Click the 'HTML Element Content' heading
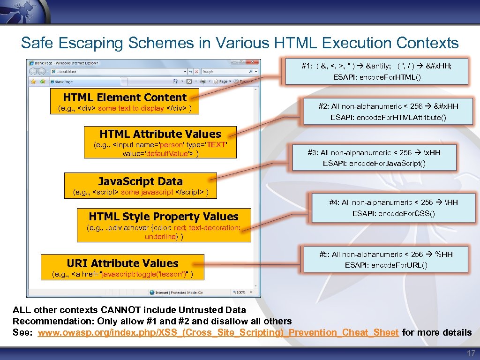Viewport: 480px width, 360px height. click(125, 97)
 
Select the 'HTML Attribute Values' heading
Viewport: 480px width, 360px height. click(160, 134)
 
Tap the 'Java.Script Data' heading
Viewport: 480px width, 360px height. click(140, 181)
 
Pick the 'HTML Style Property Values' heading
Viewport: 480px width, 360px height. click(164, 217)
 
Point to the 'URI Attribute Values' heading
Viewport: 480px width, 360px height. click(122, 263)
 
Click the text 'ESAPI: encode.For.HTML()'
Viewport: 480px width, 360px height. click(377, 77)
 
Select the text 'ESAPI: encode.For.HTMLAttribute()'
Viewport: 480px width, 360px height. click(388, 117)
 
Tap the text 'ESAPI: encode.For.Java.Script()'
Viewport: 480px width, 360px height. click(374, 164)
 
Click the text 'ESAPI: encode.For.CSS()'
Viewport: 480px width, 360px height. click(393, 214)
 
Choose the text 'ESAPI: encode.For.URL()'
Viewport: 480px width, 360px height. click(386, 265)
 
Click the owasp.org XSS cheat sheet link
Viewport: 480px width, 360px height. click(218, 333)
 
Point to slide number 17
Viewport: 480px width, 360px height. click(470, 353)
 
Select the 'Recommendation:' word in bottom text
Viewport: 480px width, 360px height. click(43, 321)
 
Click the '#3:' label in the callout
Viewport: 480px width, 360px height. click(313, 153)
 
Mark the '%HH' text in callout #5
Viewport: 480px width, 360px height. click(444, 254)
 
